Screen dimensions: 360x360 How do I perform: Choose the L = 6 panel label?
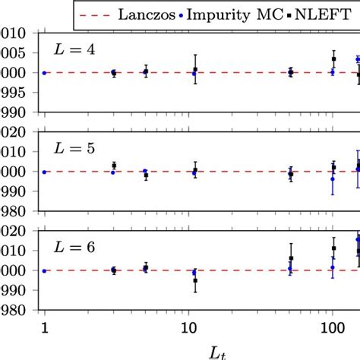73,247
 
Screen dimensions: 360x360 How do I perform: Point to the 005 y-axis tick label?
14,53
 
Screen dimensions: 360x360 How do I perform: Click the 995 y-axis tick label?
14,93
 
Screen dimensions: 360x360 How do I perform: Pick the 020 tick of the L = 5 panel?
14,132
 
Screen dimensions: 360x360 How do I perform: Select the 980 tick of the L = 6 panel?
14,311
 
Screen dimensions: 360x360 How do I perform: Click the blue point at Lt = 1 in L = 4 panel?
45,73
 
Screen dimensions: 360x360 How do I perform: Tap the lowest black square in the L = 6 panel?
195,281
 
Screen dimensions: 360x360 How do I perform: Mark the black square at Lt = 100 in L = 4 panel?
334,59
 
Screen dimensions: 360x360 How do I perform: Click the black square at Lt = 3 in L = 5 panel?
113,166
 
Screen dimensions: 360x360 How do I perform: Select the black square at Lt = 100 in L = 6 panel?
334,248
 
